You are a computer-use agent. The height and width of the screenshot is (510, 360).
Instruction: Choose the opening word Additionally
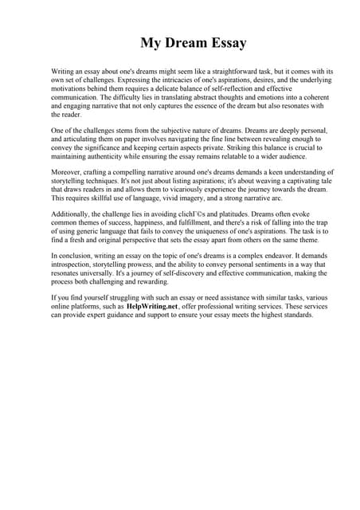pyautogui.click(x=73, y=216)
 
